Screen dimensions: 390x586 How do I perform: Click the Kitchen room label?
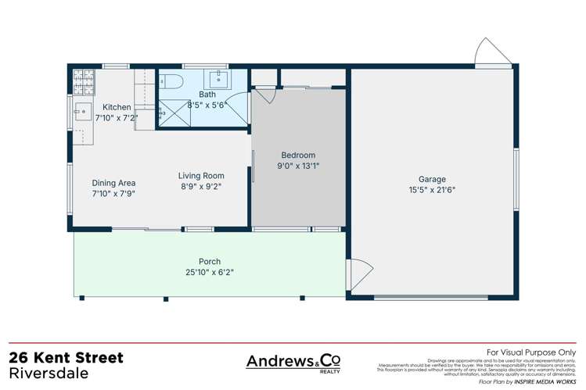point(117,107)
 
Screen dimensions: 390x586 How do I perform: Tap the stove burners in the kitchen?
point(81,77)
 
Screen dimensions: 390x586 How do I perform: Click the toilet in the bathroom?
point(173,80)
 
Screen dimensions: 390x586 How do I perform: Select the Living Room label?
point(201,176)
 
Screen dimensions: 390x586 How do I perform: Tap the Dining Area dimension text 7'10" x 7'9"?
point(114,194)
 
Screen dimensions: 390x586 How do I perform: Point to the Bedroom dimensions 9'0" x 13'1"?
point(297,166)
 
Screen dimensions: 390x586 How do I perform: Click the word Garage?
point(431,178)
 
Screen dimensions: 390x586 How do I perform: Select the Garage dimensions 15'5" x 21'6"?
point(431,189)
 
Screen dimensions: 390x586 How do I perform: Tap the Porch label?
point(209,261)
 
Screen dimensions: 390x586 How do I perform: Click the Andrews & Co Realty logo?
point(293,362)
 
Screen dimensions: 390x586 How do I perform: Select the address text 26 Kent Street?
point(66,358)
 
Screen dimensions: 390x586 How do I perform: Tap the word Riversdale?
point(49,373)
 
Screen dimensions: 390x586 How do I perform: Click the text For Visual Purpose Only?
point(530,352)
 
